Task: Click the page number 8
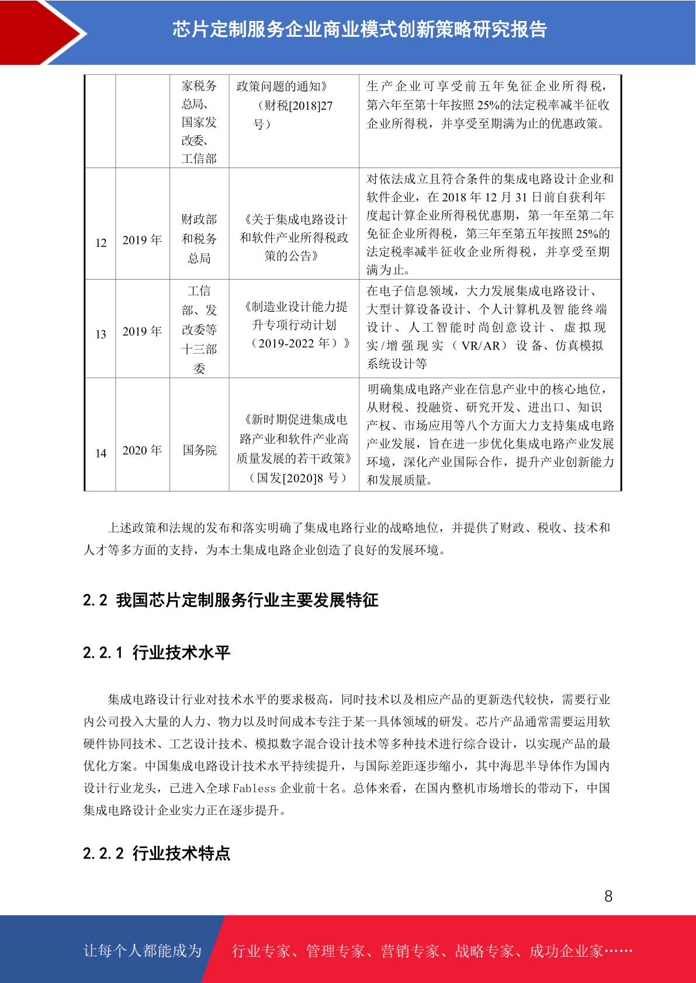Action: click(608, 896)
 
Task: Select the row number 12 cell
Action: click(101, 243)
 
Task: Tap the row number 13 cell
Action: click(101, 334)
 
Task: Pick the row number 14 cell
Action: click(101, 453)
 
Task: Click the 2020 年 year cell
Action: click(142, 450)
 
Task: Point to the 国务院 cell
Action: click(199, 450)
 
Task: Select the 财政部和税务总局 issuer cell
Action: click(199, 238)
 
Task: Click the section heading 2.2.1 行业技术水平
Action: click(157, 652)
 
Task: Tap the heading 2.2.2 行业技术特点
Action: click(157, 853)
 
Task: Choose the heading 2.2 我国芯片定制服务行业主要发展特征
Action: click(230, 600)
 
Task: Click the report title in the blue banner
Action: click(359, 29)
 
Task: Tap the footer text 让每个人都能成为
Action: click(143, 950)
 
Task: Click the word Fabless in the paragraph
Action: click(254, 788)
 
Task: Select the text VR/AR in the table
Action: click(480, 346)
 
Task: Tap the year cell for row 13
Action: click(142, 331)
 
